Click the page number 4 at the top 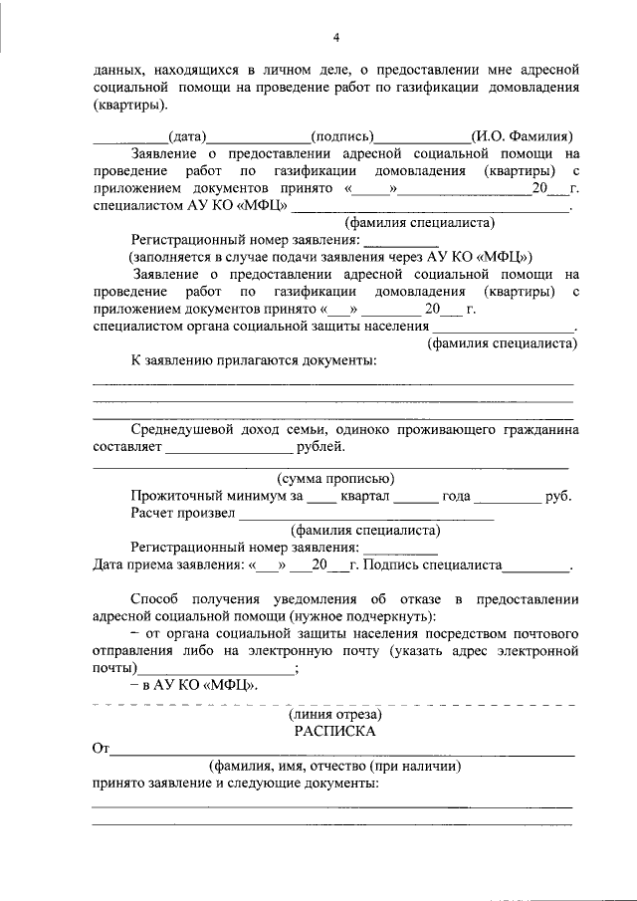(x=336, y=38)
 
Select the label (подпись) (x=342, y=135)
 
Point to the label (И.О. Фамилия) (x=523, y=135)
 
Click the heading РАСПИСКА (x=333, y=730)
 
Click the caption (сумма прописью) (x=335, y=477)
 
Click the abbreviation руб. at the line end (x=558, y=495)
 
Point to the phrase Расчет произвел (x=182, y=513)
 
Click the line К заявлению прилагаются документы (x=254, y=360)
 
